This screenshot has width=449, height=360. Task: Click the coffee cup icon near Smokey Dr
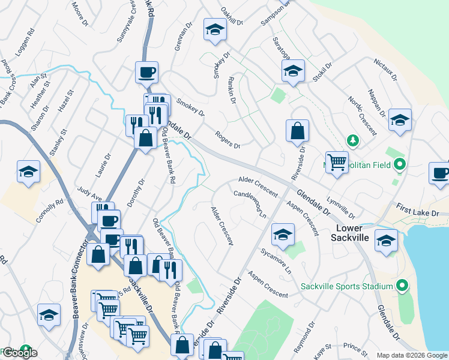147,73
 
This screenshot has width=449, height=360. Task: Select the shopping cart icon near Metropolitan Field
337,161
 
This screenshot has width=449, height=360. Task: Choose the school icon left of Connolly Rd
29,172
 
